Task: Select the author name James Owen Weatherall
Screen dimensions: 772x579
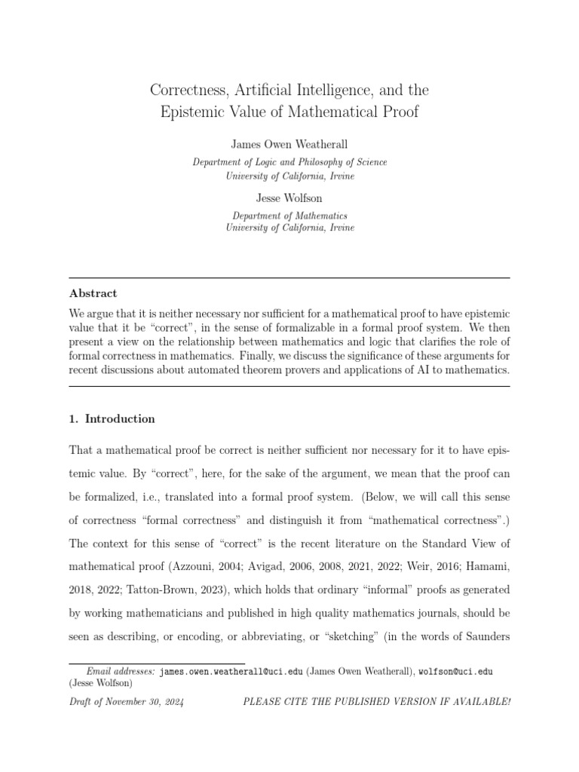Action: (x=289, y=143)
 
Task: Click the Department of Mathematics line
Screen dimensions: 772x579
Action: (x=289, y=215)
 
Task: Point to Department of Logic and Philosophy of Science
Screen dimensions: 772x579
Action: (x=289, y=161)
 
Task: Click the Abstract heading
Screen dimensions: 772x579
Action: (x=93, y=293)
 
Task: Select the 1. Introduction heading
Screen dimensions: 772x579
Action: (x=112, y=418)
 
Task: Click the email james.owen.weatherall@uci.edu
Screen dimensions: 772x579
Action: (x=233, y=670)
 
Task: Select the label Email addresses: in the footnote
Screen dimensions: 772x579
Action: (x=121, y=670)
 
